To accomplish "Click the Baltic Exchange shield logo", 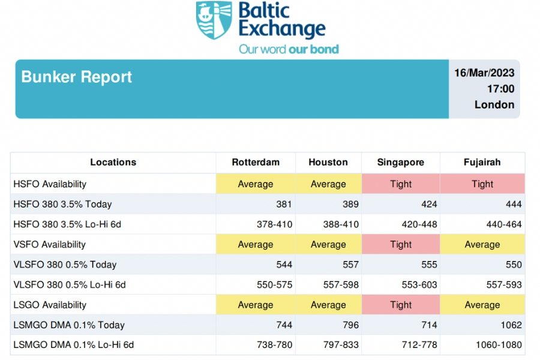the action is click(214, 20).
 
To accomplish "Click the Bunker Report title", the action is click(76, 77).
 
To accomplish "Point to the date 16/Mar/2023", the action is click(484, 73).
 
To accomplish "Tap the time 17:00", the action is click(500, 89).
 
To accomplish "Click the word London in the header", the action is click(494, 104).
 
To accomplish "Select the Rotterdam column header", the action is click(256, 162).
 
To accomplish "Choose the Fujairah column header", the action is click(482, 162).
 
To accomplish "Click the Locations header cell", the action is click(113, 162).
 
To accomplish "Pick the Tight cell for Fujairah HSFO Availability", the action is click(482, 184).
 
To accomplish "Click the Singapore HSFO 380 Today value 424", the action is click(429, 204).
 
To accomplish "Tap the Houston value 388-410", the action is click(341, 224).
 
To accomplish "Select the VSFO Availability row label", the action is click(49, 244).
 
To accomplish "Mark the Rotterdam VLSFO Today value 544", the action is click(284, 265).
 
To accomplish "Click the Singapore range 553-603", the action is click(419, 284).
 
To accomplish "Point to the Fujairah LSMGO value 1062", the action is click(511, 325).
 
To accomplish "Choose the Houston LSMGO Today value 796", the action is click(350, 325).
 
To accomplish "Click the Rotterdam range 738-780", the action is click(274, 344).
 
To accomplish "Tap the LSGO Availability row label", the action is click(50, 305).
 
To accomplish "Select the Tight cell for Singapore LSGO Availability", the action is click(401, 305).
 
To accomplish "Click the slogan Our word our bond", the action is click(289, 49).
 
